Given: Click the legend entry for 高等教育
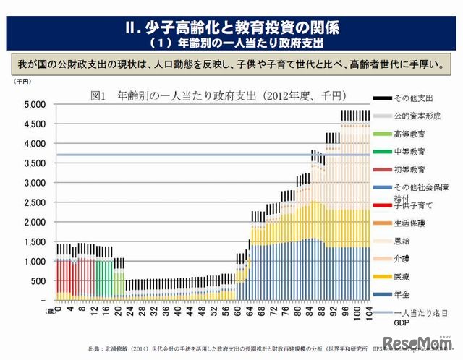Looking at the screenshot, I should [408, 134].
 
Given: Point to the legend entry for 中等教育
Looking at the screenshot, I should [408, 152].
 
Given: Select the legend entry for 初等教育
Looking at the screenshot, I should [408, 169].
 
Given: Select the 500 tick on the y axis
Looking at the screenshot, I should [38, 280].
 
